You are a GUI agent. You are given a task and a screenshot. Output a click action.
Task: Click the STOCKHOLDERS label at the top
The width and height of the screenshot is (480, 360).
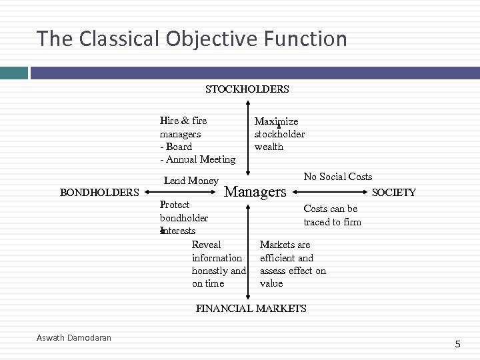247,89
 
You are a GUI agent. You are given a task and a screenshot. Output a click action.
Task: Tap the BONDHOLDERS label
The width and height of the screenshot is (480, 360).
99,193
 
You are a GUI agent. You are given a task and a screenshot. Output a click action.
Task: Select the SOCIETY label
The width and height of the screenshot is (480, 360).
393,193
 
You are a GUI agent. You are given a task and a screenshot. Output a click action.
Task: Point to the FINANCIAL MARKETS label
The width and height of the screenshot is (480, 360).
251,308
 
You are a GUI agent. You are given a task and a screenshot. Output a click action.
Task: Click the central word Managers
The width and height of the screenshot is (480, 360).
255,193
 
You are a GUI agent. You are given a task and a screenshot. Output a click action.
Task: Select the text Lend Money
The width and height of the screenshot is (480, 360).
191,181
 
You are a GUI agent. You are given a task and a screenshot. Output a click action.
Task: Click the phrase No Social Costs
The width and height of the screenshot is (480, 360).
338,177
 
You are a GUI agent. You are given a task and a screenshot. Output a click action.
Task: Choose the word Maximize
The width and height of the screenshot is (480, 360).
276,121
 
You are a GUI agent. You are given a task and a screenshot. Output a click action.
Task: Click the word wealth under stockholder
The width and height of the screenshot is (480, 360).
269,147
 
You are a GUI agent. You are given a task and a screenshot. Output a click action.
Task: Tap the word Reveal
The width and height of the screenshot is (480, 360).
206,245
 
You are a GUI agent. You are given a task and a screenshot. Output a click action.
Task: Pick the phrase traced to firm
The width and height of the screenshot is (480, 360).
332,222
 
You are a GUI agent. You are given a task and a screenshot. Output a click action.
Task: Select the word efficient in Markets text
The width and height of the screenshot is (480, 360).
277,258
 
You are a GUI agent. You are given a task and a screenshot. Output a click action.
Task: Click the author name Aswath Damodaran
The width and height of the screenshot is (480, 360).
74,338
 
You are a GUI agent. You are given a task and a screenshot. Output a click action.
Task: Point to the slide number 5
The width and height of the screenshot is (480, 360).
457,344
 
